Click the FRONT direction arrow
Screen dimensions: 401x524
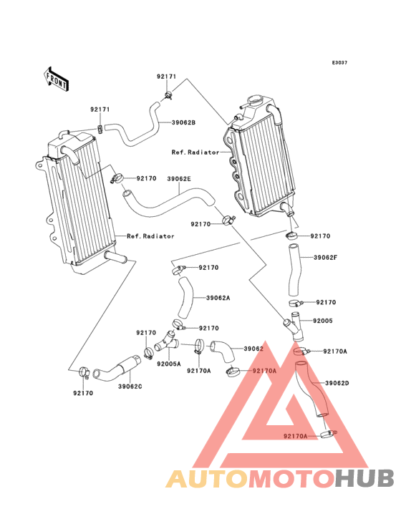point(56,79)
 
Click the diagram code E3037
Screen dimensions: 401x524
point(339,62)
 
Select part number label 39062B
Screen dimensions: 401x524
point(183,122)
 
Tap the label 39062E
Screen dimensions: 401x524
point(179,179)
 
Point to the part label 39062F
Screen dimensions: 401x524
point(325,257)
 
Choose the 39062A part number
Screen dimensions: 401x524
point(218,297)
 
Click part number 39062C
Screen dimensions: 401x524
point(130,387)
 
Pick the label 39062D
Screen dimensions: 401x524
point(337,383)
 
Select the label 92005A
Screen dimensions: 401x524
point(169,364)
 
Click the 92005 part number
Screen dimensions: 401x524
point(323,321)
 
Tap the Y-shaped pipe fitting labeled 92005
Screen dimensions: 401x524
point(294,326)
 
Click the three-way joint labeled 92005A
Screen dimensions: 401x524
point(166,341)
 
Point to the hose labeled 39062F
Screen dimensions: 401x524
point(294,270)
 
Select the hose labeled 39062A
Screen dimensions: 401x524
point(185,297)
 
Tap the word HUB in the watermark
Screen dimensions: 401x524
point(364,478)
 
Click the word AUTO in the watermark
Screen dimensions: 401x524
point(207,478)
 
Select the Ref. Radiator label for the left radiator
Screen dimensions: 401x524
point(150,236)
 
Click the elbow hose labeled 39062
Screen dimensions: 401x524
point(223,351)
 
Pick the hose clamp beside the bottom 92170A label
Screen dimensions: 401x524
point(328,434)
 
